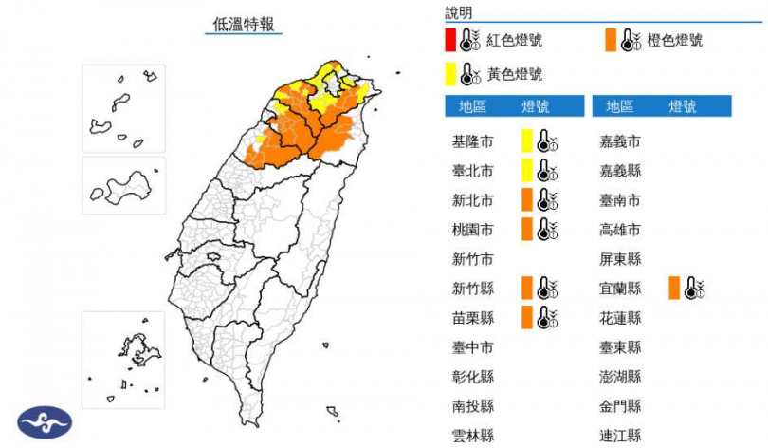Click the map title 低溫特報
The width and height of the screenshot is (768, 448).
coord(244,25)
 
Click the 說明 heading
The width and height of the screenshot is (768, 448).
coord(458,12)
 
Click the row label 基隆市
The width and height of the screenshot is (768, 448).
coord(472,142)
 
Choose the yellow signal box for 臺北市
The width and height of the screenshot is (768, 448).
coord(526,171)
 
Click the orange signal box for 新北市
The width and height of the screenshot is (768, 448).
coord(526,200)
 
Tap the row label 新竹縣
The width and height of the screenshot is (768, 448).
coord(472,289)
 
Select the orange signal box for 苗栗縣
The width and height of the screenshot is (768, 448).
coord(526,318)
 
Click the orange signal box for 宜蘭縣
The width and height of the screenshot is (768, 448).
coord(673,289)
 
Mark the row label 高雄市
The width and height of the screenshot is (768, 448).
coord(620,230)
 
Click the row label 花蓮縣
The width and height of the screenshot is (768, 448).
coord(620,318)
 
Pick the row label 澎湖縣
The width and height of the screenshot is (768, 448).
coord(620,377)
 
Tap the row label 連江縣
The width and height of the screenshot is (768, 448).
coord(620,436)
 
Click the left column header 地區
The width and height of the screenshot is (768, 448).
coord(472,106)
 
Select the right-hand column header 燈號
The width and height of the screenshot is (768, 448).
coord(683,106)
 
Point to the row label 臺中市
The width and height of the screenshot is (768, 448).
coord(472,347)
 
